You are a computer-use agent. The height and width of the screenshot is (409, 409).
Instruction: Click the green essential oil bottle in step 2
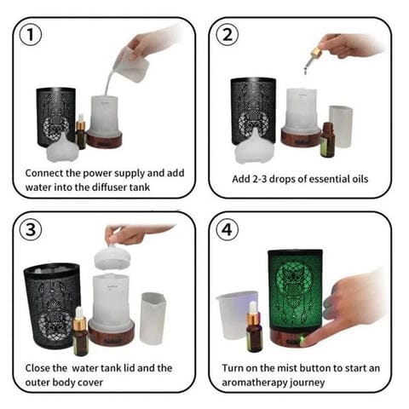click(x=328, y=140)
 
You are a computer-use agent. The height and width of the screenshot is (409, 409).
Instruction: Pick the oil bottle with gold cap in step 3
click(x=81, y=333)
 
